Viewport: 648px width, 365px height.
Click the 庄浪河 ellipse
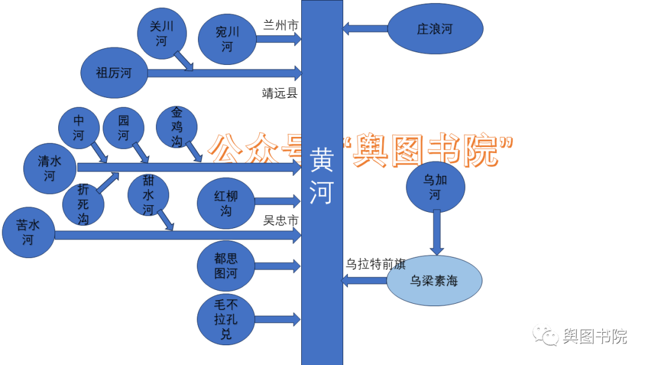click(435, 29)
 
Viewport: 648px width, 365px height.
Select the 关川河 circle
click(161, 34)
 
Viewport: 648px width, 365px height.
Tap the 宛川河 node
click(227, 39)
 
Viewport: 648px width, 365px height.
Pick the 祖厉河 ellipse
click(113, 73)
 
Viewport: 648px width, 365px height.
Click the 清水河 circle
click(50, 168)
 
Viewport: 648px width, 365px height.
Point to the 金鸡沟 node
click(176, 126)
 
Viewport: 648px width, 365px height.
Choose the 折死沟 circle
click(83, 204)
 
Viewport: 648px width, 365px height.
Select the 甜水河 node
click(148, 195)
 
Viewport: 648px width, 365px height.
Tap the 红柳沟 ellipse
click(226, 203)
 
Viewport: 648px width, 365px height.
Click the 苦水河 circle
click(28, 233)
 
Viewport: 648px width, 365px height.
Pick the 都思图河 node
click(226, 266)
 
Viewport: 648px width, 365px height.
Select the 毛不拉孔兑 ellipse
click(226, 319)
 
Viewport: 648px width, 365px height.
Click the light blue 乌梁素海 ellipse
click(434, 280)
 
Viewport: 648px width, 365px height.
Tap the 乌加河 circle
click(435, 187)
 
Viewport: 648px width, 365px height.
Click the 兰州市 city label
click(281, 25)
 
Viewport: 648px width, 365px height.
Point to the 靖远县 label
click(280, 93)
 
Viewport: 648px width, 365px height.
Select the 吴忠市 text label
click(281, 220)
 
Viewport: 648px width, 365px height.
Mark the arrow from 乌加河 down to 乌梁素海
click(437, 232)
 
